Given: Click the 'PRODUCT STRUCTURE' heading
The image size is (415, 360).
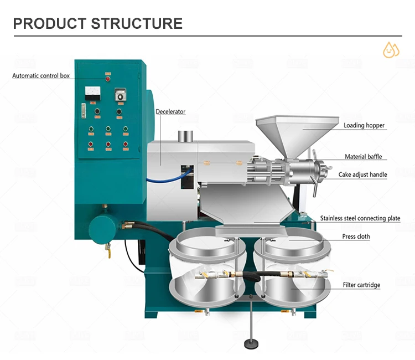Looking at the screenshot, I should [x=97, y=23].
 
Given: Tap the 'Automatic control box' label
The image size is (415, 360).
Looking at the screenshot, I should [x=41, y=76].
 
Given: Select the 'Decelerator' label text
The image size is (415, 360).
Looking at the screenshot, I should [x=170, y=112].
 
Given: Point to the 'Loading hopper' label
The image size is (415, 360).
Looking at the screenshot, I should [x=364, y=126].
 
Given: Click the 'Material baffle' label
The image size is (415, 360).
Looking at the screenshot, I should [x=363, y=157].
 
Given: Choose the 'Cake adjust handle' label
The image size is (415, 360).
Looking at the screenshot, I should [x=362, y=174].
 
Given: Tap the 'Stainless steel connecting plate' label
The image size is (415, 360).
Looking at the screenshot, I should [x=360, y=218].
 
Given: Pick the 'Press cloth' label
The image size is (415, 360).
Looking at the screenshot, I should [x=356, y=236].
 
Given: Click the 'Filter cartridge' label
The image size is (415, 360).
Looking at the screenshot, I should [x=361, y=285].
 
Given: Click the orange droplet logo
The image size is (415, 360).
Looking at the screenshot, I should [x=391, y=49].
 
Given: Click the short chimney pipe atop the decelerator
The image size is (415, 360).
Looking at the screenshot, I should [x=185, y=136].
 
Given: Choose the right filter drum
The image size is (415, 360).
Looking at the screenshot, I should [x=292, y=271].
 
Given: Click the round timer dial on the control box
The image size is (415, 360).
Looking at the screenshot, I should [x=118, y=95].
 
